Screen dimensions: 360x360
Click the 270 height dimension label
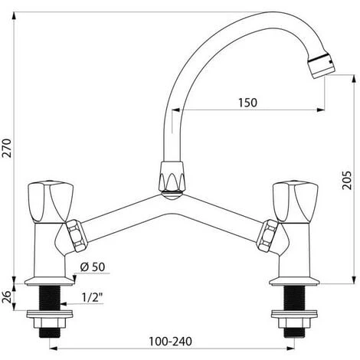(7, 148)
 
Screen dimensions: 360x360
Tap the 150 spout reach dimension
(247, 103)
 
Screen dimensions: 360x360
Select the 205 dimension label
(347, 180)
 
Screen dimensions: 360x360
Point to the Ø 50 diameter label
(93, 267)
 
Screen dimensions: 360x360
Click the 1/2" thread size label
(92, 297)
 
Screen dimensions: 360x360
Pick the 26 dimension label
(7, 297)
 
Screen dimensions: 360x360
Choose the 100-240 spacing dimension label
(170, 342)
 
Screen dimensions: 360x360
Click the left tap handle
(51, 201)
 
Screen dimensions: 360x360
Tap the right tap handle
(295, 201)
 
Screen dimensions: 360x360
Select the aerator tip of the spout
(321, 65)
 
